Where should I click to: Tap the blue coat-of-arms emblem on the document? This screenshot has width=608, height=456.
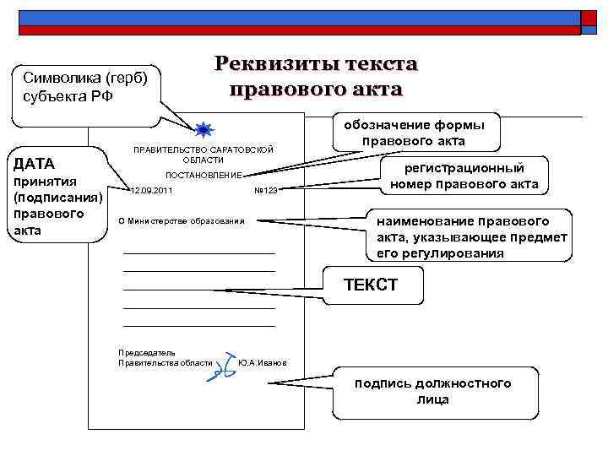[204, 129]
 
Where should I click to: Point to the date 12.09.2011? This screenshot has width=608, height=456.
[151, 191]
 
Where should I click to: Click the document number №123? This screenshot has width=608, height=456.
[265, 191]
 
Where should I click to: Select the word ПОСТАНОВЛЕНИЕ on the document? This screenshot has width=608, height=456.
[204, 175]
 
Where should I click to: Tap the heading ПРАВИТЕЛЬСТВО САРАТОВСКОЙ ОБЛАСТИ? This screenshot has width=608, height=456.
[204, 155]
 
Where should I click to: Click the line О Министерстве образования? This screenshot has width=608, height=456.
[181, 221]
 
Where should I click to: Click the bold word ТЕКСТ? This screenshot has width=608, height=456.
[370, 285]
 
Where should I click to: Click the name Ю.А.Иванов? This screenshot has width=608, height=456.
[263, 362]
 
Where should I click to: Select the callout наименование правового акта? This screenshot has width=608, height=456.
[471, 236]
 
